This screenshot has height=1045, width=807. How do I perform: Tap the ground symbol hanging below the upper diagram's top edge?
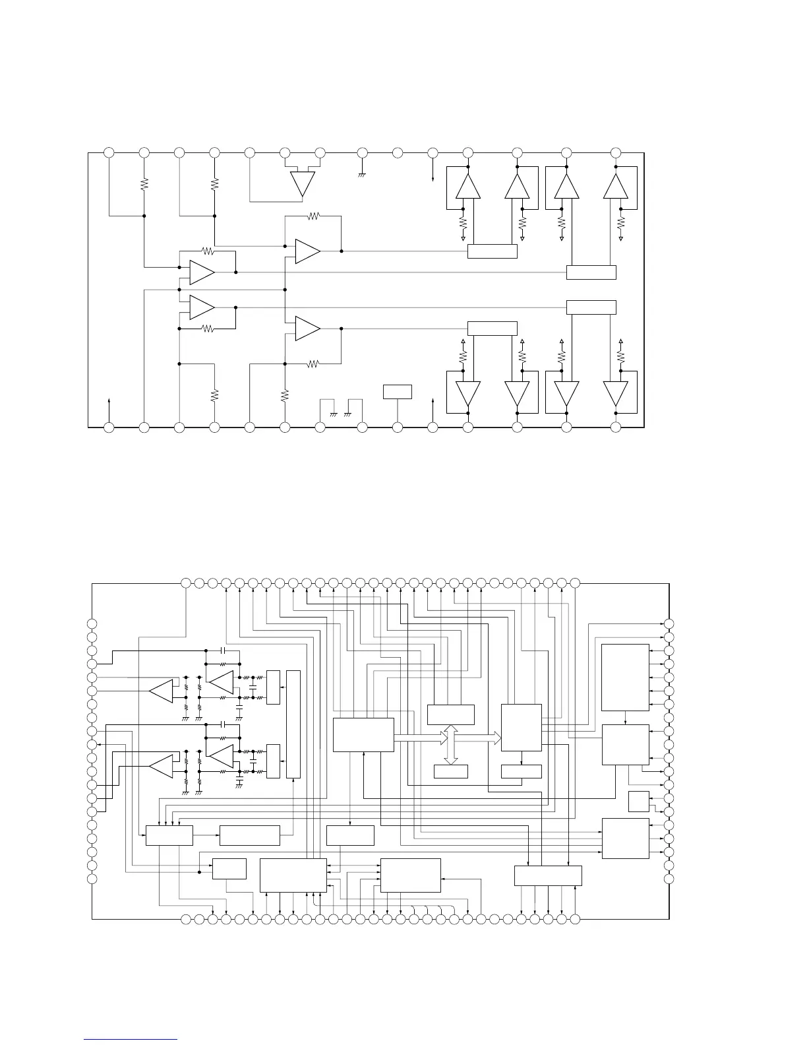click(x=362, y=175)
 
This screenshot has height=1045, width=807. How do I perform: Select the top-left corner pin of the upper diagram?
click(x=109, y=152)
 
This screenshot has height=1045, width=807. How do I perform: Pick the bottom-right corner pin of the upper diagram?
click(x=616, y=427)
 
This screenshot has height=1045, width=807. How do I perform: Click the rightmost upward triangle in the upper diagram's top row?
click(x=616, y=186)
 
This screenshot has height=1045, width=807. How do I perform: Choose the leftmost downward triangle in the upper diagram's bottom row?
click(x=468, y=394)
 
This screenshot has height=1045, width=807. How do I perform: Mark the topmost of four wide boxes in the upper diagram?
click(x=492, y=251)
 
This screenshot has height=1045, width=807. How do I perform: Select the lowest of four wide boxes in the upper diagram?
click(x=492, y=329)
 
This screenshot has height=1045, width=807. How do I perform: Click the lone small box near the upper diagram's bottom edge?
click(x=397, y=392)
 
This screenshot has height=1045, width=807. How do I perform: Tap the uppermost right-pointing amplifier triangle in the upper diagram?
click(x=308, y=251)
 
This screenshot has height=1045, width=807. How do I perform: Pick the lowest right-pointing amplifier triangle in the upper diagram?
click(x=308, y=329)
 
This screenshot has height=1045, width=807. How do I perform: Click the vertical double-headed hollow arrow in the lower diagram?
click(x=451, y=745)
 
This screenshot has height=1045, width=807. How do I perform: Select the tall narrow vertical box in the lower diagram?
click(x=293, y=724)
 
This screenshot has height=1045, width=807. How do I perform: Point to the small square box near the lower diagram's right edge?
click(x=638, y=801)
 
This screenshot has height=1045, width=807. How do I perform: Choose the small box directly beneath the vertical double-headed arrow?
click(x=451, y=771)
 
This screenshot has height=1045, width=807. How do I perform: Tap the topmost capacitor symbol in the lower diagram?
click(x=224, y=650)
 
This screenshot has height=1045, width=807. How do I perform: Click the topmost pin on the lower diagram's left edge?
click(x=92, y=624)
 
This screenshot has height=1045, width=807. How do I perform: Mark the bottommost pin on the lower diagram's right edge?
click(x=669, y=878)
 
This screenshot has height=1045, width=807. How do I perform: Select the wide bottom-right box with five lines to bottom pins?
click(x=548, y=875)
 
